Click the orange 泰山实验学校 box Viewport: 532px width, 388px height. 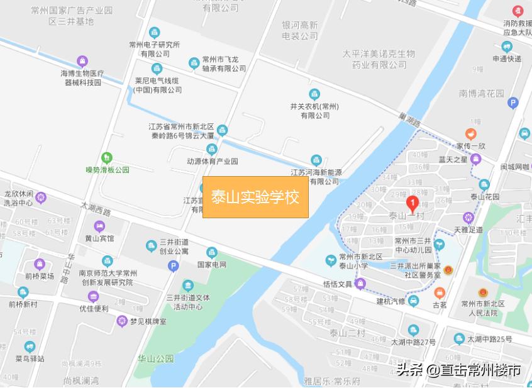[255, 197]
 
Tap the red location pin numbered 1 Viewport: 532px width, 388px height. [412, 203]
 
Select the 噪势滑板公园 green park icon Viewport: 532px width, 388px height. [107, 157]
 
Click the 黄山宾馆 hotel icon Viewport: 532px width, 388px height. [99, 226]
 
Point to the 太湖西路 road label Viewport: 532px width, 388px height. [95, 209]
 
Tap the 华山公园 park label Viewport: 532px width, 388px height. [156, 358]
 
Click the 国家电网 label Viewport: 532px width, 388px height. [211, 265]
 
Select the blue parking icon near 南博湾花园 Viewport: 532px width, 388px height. [513, 103]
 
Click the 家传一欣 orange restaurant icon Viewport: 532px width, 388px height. [470, 134]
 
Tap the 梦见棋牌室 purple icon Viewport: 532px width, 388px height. [122, 321]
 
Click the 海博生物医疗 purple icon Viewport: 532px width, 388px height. [82, 62]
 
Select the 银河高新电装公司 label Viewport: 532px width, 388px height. [300, 31]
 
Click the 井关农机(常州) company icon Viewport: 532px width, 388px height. [314, 94]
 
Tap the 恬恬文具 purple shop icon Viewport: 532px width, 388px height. [361, 284]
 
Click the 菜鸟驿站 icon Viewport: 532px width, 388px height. [29, 346]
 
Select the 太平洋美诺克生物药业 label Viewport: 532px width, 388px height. [379, 59]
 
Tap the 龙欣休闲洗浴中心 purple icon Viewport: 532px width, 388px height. [42, 198]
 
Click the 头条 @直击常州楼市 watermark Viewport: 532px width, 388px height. [458, 370]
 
